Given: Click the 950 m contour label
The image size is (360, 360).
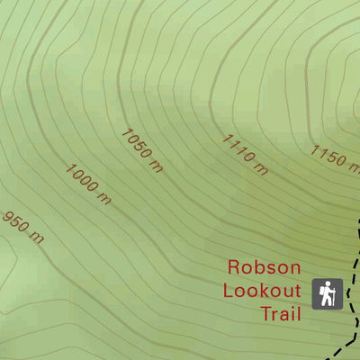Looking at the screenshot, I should pyautogui.click(x=23, y=227).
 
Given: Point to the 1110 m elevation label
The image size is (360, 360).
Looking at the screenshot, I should pyautogui.click(x=245, y=155).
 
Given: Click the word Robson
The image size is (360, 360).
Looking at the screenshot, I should pyautogui.click(x=262, y=267).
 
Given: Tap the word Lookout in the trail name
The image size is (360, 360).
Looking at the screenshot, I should pyautogui.click(x=261, y=291).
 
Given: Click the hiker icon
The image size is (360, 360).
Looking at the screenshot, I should pyautogui.click(x=328, y=293).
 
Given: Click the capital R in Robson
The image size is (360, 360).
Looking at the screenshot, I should pyautogui.click(x=235, y=267).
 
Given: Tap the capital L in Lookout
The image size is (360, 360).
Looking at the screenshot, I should pyautogui.click(x=227, y=291).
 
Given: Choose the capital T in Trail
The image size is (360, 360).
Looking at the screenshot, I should pyautogui.click(x=265, y=313).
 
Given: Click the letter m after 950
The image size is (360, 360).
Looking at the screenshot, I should pyautogui.click(x=37, y=238).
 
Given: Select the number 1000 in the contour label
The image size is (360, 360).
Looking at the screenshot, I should pyautogui.click(x=82, y=179).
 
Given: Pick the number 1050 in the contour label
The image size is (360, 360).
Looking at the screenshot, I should pyautogui.click(x=136, y=144).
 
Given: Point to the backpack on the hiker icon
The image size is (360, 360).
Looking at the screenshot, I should pyautogui.click(x=324, y=291).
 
